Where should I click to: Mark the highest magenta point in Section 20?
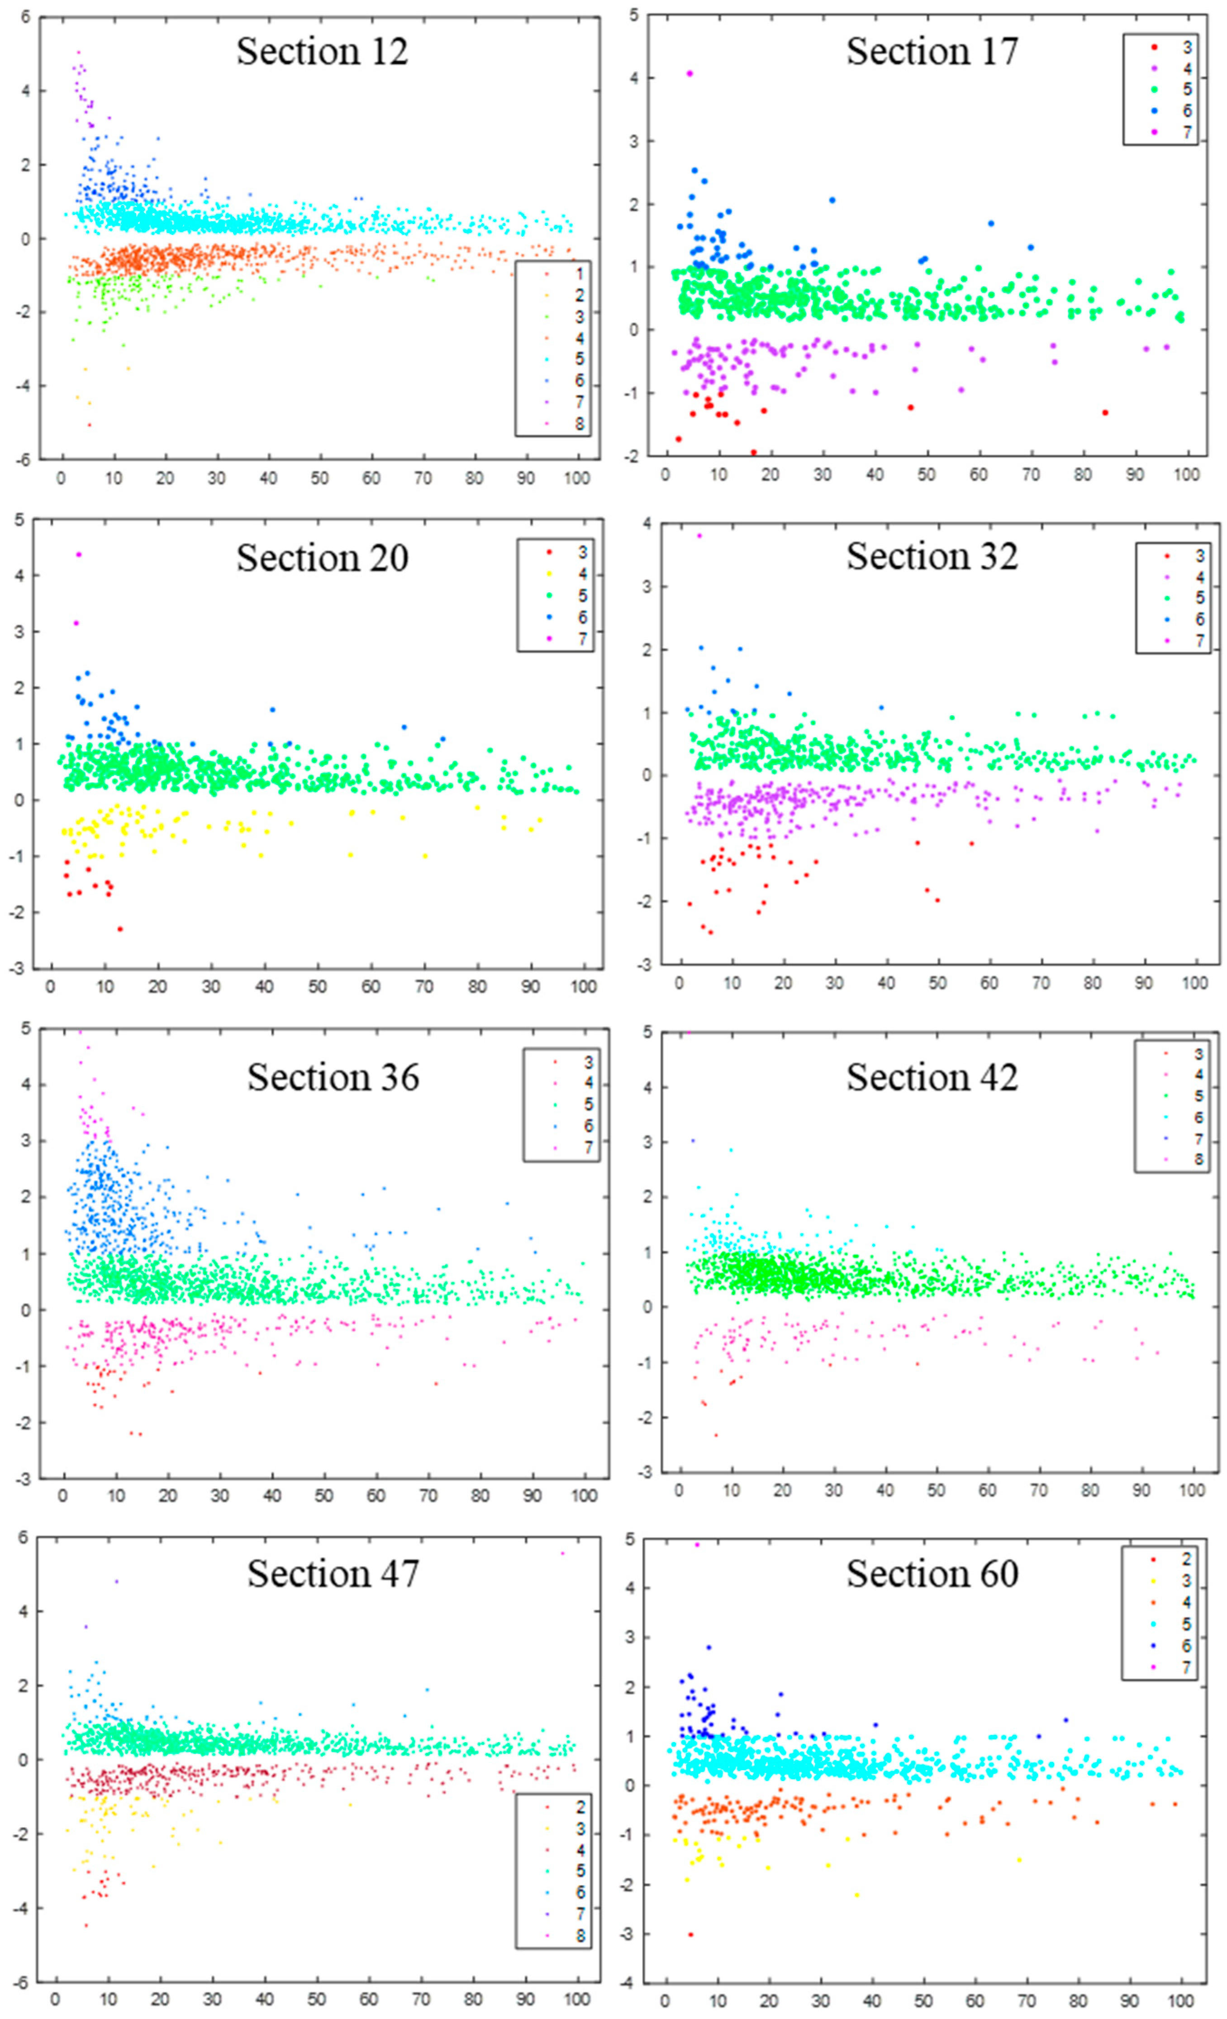click(x=79, y=555)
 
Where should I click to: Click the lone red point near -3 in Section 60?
click(x=690, y=1934)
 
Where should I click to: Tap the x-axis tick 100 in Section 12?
click(x=577, y=479)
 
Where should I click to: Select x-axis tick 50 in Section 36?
click(x=323, y=1495)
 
